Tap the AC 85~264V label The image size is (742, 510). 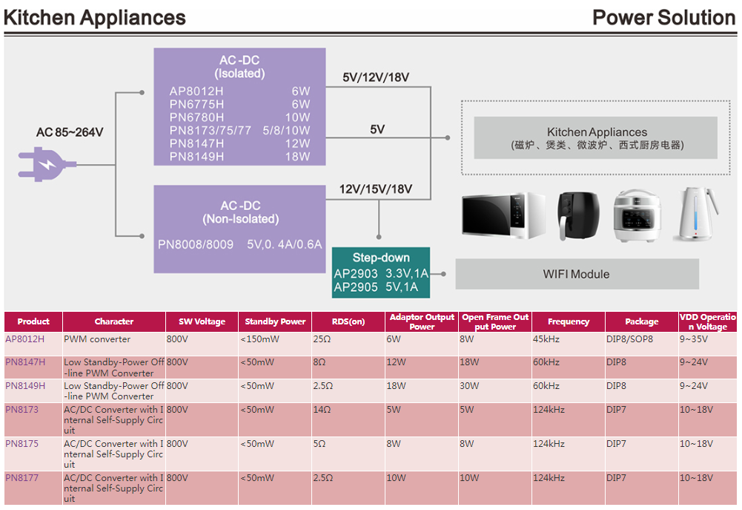(x=70, y=133)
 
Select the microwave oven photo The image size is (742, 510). (x=504, y=215)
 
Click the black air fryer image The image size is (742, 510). (x=575, y=215)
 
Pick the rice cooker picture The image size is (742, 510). (x=637, y=215)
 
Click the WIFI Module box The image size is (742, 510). (x=576, y=274)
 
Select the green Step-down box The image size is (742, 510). (x=380, y=272)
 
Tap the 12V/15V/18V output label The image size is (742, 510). (x=375, y=189)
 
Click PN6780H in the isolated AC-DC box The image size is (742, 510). (x=196, y=117)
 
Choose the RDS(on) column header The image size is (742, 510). (x=348, y=321)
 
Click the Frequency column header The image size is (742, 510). (x=569, y=321)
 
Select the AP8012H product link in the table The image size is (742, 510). (x=25, y=339)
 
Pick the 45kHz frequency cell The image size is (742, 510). (x=547, y=339)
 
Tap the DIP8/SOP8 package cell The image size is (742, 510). (x=629, y=339)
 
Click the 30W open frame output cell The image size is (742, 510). (x=470, y=386)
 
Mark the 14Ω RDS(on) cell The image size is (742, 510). (x=322, y=410)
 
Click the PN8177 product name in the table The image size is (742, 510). (x=21, y=478)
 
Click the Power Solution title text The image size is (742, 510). (x=663, y=18)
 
